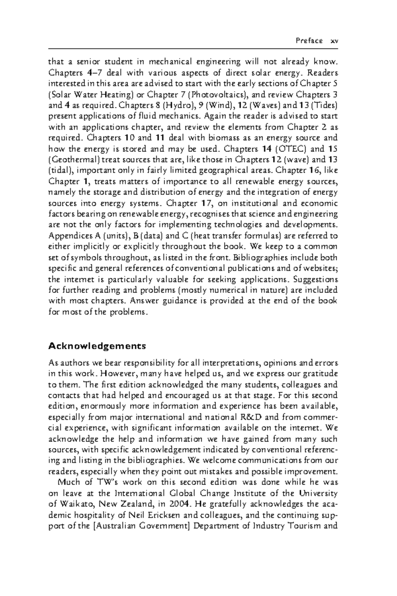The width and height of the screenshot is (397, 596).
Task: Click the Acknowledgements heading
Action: pos(97,346)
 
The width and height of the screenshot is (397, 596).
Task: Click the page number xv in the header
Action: pos(334,41)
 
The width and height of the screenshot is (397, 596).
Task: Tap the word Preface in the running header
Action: pos(309,41)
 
